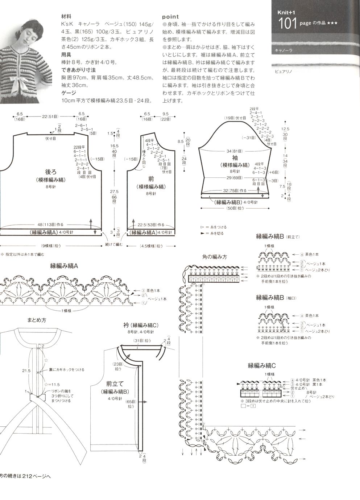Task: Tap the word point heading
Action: (x=170, y=17)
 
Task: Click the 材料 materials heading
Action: (x=66, y=17)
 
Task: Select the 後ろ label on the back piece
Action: (x=50, y=172)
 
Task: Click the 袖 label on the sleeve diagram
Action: (x=235, y=157)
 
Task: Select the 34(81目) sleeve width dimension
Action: (x=235, y=151)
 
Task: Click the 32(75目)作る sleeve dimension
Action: (x=235, y=190)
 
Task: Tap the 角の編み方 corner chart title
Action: (x=214, y=257)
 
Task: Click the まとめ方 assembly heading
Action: (x=37, y=320)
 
